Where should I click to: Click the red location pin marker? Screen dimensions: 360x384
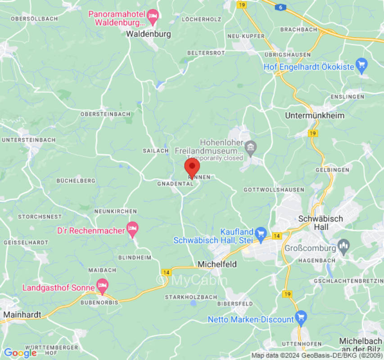[x=192, y=167]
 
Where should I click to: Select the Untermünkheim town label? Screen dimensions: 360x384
[x=315, y=116]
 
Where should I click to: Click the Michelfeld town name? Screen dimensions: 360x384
[x=217, y=264]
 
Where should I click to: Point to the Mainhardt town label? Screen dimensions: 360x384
[x=22, y=314]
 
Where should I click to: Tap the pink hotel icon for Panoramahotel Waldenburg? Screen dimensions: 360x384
[x=153, y=18]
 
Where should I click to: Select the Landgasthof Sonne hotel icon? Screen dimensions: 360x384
[x=103, y=285]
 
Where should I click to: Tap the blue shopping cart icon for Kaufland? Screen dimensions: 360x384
[x=261, y=233]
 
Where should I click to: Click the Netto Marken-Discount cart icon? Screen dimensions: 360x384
[x=301, y=317]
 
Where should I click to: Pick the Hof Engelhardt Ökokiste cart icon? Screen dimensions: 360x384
[x=361, y=66]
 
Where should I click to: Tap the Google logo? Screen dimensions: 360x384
[x=20, y=353]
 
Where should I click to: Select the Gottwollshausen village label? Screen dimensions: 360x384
[x=274, y=190]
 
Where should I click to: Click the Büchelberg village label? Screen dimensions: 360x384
[x=76, y=180]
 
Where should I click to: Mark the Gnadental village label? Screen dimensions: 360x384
[x=175, y=184]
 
